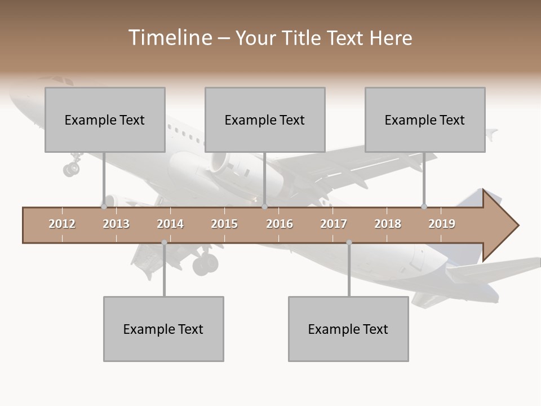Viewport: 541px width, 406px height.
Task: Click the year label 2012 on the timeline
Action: tap(62, 224)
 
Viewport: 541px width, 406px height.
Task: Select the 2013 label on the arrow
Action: tap(116, 224)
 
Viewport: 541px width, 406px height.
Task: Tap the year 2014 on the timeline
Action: tap(170, 224)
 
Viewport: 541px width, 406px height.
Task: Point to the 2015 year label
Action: tap(224, 224)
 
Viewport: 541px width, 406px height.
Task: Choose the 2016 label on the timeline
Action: tap(280, 224)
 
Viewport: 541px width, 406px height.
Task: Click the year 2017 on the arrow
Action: tap(334, 224)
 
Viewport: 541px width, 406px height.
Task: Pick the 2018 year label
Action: tap(388, 224)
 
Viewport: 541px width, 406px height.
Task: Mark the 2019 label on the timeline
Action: tap(442, 224)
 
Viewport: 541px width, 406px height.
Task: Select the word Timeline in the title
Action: tap(169, 38)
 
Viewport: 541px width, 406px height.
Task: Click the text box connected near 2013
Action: tap(105, 120)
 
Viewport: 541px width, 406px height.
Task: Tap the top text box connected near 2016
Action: tap(265, 120)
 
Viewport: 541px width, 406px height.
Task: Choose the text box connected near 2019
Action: tap(425, 120)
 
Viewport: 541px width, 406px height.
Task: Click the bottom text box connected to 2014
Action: tap(163, 329)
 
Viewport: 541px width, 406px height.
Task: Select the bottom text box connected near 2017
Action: tap(348, 329)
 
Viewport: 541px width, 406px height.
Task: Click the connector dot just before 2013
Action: tap(104, 206)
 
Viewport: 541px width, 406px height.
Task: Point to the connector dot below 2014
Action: tap(164, 242)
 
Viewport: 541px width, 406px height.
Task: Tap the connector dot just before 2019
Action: tap(424, 206)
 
